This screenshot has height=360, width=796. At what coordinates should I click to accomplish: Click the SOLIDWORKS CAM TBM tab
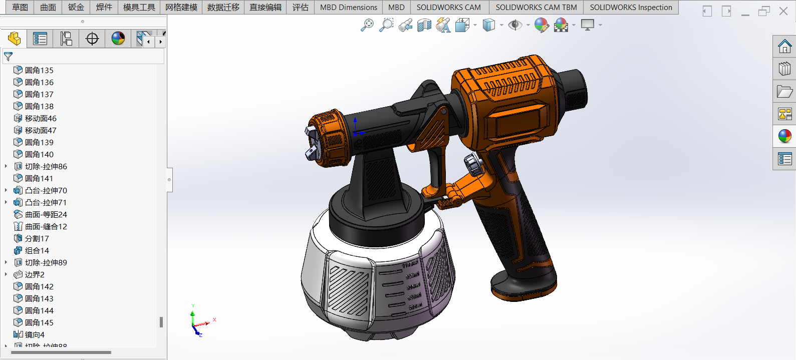point(536,8)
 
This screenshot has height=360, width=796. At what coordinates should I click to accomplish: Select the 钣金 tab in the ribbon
point(76,8)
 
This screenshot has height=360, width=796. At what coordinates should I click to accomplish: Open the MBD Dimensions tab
point(348,8)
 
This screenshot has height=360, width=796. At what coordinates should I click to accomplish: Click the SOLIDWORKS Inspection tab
point(631,8)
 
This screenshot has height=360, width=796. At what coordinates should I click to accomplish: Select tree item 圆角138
point(39,106)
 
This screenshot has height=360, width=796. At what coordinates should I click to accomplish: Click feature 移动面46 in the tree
point(41,118)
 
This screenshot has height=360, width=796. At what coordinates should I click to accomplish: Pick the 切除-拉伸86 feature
point(46,166)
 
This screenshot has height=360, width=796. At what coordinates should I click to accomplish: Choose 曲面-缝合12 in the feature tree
point(46,226)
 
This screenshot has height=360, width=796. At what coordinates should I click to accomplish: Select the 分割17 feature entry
point(37,238)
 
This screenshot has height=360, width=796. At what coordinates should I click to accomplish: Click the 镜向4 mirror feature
point(35,334)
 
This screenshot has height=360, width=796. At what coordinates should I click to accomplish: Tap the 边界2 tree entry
point(35,274)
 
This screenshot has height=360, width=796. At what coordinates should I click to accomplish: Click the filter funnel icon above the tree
point(9,57)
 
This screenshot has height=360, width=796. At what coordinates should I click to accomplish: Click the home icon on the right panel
point(784,47)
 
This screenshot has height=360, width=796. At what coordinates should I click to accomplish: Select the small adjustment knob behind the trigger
point(472,163)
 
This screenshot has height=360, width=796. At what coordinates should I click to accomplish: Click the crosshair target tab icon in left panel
point(92,39)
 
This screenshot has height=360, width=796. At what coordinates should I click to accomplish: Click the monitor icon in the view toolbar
point(587,25)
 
